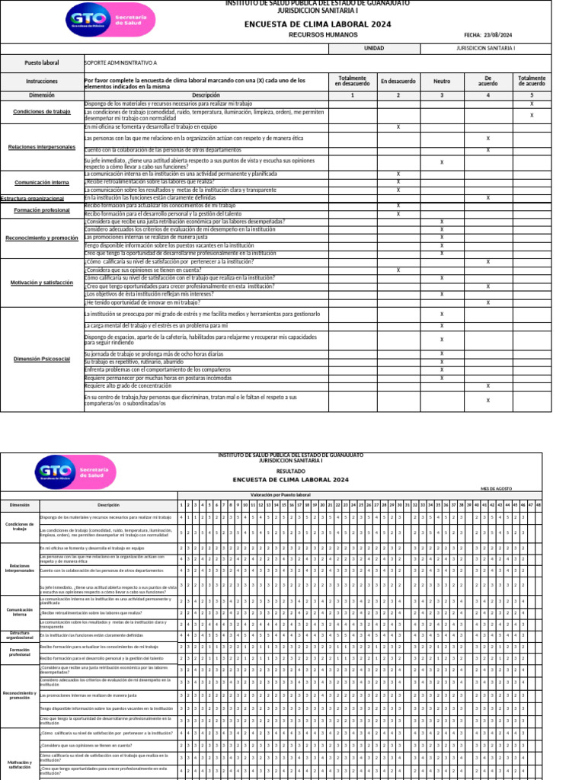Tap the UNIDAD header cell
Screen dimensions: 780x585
(x=374, y=48)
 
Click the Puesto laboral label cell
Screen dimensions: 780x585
(x=41, y=62)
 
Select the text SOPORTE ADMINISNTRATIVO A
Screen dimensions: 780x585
(x=121, y=62)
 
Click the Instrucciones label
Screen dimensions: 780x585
(x=41, y=81)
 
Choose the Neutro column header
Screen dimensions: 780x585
(x=442, y=81)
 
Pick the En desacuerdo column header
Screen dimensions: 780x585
(x=398, y=81)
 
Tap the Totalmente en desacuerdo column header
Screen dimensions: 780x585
(x=352, y=81)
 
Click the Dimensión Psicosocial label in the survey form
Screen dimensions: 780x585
(x=41, y=359)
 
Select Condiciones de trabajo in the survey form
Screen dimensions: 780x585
(x=41, y=112)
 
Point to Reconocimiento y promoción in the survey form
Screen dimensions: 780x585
(x=41, y=238)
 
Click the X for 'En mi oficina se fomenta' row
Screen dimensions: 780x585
(x=398, y=126)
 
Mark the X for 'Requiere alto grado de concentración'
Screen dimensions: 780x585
(x=487, y=385)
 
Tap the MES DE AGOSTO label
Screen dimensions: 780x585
(x=496, y=488)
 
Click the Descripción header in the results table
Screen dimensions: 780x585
(x=108, y=505)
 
